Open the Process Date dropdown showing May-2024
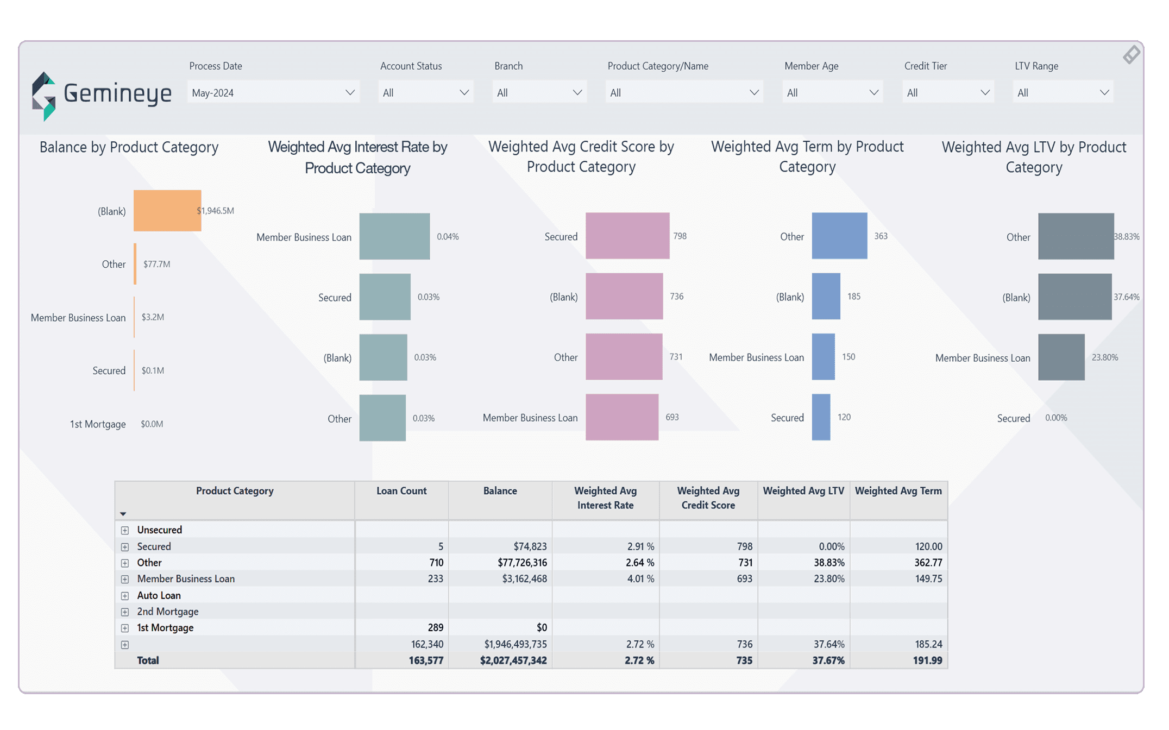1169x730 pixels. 273,93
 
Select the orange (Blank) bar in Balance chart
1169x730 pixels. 167,211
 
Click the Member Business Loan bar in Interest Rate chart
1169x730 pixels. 394,236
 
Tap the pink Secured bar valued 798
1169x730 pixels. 627,236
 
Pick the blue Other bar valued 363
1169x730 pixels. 839,236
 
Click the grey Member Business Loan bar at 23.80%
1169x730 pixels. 1061,357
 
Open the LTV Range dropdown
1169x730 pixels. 1063,93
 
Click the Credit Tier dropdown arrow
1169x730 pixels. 984,93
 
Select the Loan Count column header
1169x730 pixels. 401,491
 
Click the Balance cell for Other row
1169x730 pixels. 521,563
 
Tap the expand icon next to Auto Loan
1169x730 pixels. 125,596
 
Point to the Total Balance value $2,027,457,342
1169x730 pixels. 513,660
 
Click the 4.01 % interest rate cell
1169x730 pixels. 640,579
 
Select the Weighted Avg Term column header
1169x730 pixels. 898,491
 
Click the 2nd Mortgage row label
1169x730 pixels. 167,612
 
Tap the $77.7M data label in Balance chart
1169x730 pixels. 156,264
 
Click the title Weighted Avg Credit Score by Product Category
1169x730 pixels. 581,156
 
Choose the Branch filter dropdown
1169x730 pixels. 539,93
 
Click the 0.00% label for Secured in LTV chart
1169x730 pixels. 1056,418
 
